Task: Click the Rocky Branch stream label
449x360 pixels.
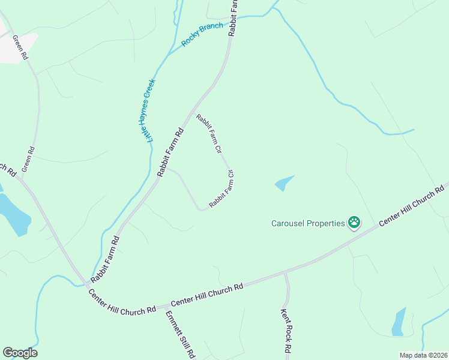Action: click(203, 35)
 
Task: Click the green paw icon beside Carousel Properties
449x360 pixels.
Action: click(354, 223)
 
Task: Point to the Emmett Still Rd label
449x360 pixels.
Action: click(181, 335)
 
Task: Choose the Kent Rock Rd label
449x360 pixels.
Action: click(286, 331)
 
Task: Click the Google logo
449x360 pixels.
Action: click(20, 353)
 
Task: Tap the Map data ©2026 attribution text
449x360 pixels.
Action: click(423, 355)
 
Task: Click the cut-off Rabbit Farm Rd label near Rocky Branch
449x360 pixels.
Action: click(234, 18)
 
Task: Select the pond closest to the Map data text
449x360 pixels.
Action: click(399, 323)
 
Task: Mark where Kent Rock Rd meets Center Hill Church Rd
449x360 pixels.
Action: click(286, 274)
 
